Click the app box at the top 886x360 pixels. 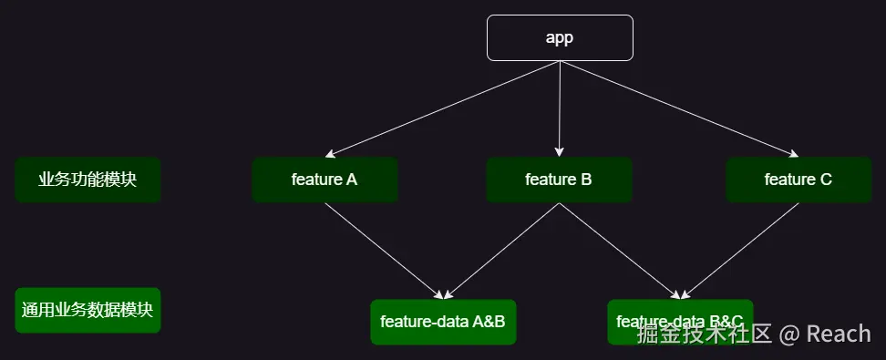[560, 37]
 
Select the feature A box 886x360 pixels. [325, 180]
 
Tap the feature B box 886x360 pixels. [559, 180]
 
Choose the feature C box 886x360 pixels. [798, 180]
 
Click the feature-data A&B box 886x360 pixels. [443, 322]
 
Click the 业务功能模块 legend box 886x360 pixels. [88, 180]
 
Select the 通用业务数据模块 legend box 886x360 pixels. [88, 311]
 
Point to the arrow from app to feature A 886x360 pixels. [442, 108]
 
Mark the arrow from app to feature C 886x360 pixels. [679, 108]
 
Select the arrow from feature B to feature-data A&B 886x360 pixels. [501, 251]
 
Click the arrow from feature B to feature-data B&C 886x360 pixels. [620, 251]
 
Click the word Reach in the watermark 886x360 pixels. [839, 334]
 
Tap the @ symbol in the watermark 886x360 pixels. [789, 334]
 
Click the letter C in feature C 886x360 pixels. [826, 180]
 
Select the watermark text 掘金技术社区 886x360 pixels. [705, 334]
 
